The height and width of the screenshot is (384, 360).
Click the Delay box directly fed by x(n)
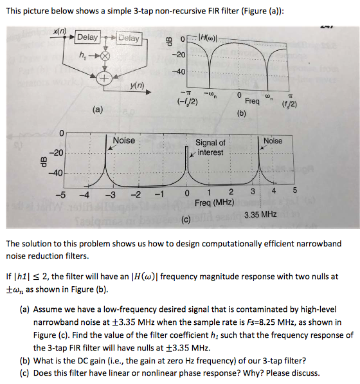coord(87,38)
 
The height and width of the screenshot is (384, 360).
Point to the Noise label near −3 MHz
coord(124,140)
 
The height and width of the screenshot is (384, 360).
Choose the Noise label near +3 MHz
coord(273,140)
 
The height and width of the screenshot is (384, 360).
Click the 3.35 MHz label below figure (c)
coord(260,214)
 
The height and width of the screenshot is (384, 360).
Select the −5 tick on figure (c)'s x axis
coord(60,195)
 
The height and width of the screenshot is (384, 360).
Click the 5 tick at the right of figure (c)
coord(296,191)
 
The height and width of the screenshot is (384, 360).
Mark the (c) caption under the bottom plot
coord(186,222)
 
